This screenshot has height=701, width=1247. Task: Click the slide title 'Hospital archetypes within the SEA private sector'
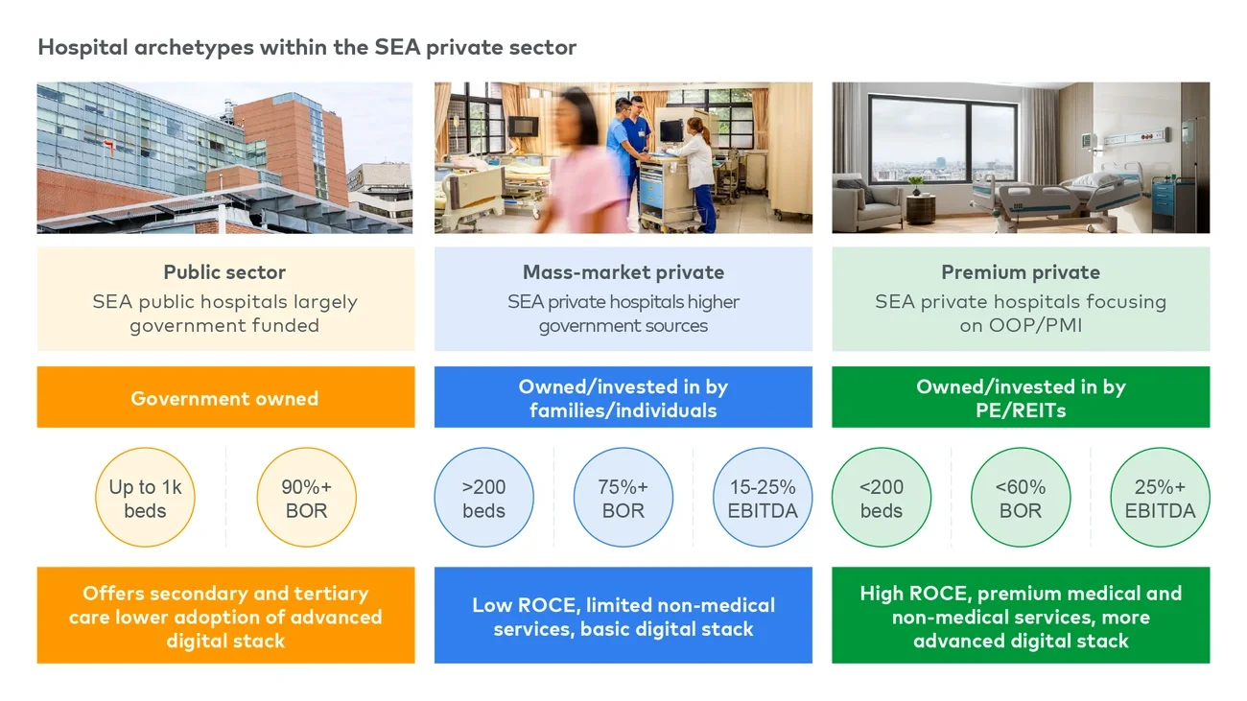(307, 47)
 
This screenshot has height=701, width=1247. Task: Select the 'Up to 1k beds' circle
(145, 499)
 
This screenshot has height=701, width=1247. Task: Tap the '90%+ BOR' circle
(306, 499)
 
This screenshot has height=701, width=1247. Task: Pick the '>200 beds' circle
(483, 499)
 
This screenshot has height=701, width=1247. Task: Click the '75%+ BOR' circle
(623, 499)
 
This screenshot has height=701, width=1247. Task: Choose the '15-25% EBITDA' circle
(763, 499)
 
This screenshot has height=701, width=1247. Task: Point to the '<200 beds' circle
(881, 499)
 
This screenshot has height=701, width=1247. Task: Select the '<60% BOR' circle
(1021, 499)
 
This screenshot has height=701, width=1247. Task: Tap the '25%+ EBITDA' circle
(1160, 499)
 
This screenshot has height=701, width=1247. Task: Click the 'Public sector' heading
(224, 272)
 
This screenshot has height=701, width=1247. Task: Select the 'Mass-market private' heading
(623, 272)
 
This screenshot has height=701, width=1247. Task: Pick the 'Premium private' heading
(1021, 272)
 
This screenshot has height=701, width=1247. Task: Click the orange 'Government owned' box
(225, 398)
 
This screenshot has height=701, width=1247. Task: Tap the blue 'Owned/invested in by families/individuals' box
(623, 398)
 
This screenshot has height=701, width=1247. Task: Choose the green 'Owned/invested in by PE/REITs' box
(1021, 398)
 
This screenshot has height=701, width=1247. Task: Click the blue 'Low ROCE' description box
(623, 617)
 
